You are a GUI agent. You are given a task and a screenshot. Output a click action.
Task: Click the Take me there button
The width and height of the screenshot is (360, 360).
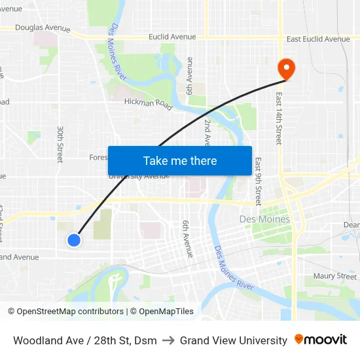[x=180, y=160]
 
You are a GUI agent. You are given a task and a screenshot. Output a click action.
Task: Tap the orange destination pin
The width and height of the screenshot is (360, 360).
[x=286, y=68]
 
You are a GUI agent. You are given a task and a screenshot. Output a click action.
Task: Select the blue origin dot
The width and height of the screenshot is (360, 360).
[x=74, y=240]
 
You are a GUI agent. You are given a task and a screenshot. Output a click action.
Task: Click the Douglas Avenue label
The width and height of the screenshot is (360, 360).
[x=43, y=28]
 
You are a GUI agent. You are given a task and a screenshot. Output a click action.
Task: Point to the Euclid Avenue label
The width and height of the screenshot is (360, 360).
[x=172, y=37]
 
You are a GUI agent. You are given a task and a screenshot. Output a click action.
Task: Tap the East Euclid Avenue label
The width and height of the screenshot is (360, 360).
[x=318, y=39]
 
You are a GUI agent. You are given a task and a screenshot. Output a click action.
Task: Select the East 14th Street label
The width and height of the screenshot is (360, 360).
[x=279, y=118]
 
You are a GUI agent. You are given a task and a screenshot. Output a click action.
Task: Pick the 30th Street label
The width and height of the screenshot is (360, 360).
[x=60, y=144]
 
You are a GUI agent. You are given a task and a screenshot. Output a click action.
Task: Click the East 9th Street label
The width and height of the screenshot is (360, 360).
[x=258, y=181]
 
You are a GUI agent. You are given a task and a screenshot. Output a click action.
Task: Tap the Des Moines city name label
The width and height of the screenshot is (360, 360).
[x=264, y=219]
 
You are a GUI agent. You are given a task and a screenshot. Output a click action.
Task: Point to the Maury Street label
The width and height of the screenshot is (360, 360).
[x=334, y=276]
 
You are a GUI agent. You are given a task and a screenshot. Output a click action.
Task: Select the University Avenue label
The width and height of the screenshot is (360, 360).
[x=139, y=176]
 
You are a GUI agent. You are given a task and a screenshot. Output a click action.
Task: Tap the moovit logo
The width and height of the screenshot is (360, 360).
[x=321, y=340]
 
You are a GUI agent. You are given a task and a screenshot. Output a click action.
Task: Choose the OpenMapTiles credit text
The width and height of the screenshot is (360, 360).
[x=162, y=312]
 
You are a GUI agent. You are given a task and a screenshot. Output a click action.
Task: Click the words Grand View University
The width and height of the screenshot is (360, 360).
[x=234, y=340]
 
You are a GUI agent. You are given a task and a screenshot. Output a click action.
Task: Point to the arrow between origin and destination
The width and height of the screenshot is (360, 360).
[x=168, y=340]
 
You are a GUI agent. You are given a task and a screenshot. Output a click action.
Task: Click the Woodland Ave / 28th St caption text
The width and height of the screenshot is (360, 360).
[x=85, y=340]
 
